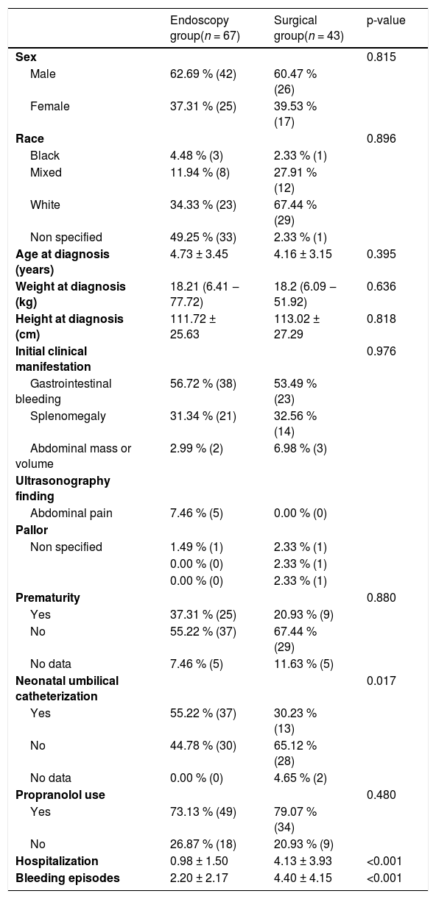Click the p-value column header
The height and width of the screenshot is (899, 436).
pyautogui.click(x=386, y=21)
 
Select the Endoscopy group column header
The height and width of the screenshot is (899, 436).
pyautogui.click(x=205, y=28)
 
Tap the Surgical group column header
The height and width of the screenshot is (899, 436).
pyautogui.click(x=309, y=28)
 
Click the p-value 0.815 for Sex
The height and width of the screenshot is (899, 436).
pyautogui.click(x=381, y=57)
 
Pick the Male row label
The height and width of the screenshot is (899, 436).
pyautogui.click(x=43, y=74)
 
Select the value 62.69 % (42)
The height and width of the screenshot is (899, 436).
pyautogui.click(x=203, y=74)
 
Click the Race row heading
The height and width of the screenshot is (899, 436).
pyautogui.click(x=29, y=138)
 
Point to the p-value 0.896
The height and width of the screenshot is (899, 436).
pyautogui.click(x=381, y=138)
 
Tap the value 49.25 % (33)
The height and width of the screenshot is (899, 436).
pyautogui.click(x=203, y=237)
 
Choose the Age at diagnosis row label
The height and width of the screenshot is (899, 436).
pyautogui.click(x=63, y=262)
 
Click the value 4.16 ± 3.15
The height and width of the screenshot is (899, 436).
pyautogui.click(x=303, y=254)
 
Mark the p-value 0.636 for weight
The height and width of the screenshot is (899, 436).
pyautogui.click(x=381, y=287)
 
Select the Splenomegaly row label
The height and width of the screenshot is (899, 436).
pyautogui.click(x=68, y=416)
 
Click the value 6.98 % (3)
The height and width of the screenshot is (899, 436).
pyautogui.click(x=300, y=448)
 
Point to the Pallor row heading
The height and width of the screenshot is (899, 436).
pyautogui.click(x=32, y=530)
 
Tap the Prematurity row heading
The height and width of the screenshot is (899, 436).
pyautogui.click(x=48, y=598)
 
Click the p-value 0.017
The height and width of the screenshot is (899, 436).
pyautogui.click(x=381, y=681)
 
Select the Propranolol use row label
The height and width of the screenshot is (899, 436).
pyautogui.click(x=60, y=795)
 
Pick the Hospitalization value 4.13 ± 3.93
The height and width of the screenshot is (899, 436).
pyautogui.click(x=303, y=861)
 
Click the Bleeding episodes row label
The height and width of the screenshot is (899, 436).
pyautogui.click(x=68, y=878)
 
